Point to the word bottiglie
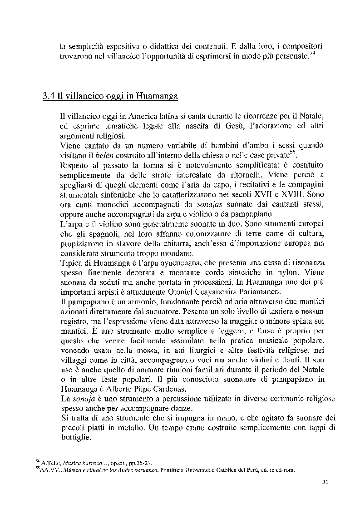(x=78, y=438)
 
